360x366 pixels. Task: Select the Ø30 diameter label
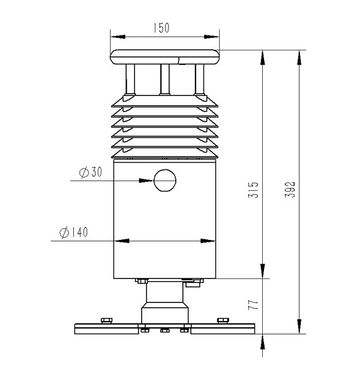pos(91,172)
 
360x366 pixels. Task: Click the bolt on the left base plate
pos(107,320)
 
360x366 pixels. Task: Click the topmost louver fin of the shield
pos(164,102)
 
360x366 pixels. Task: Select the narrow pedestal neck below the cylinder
pos(164,294)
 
